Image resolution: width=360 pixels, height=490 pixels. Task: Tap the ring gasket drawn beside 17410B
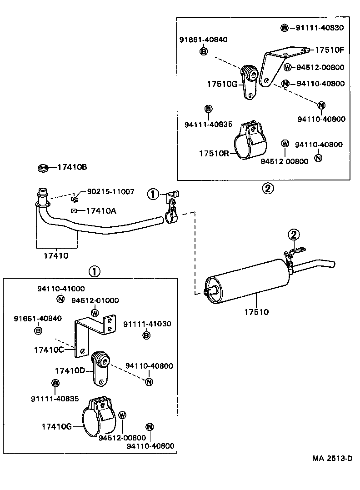[43, 169]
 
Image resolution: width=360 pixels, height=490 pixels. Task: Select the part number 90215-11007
[110, 192]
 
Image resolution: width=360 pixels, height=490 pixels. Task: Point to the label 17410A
[100, 210]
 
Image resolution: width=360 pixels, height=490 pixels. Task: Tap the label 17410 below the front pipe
[56, 256]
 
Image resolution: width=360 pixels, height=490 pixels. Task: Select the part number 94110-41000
[61, 289]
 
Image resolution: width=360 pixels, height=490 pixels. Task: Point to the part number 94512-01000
[95, 300]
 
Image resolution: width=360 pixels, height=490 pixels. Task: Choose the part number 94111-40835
[208, 124]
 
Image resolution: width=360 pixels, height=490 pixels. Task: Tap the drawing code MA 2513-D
[332, 458]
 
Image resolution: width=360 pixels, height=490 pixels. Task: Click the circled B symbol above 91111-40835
[55, 383]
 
